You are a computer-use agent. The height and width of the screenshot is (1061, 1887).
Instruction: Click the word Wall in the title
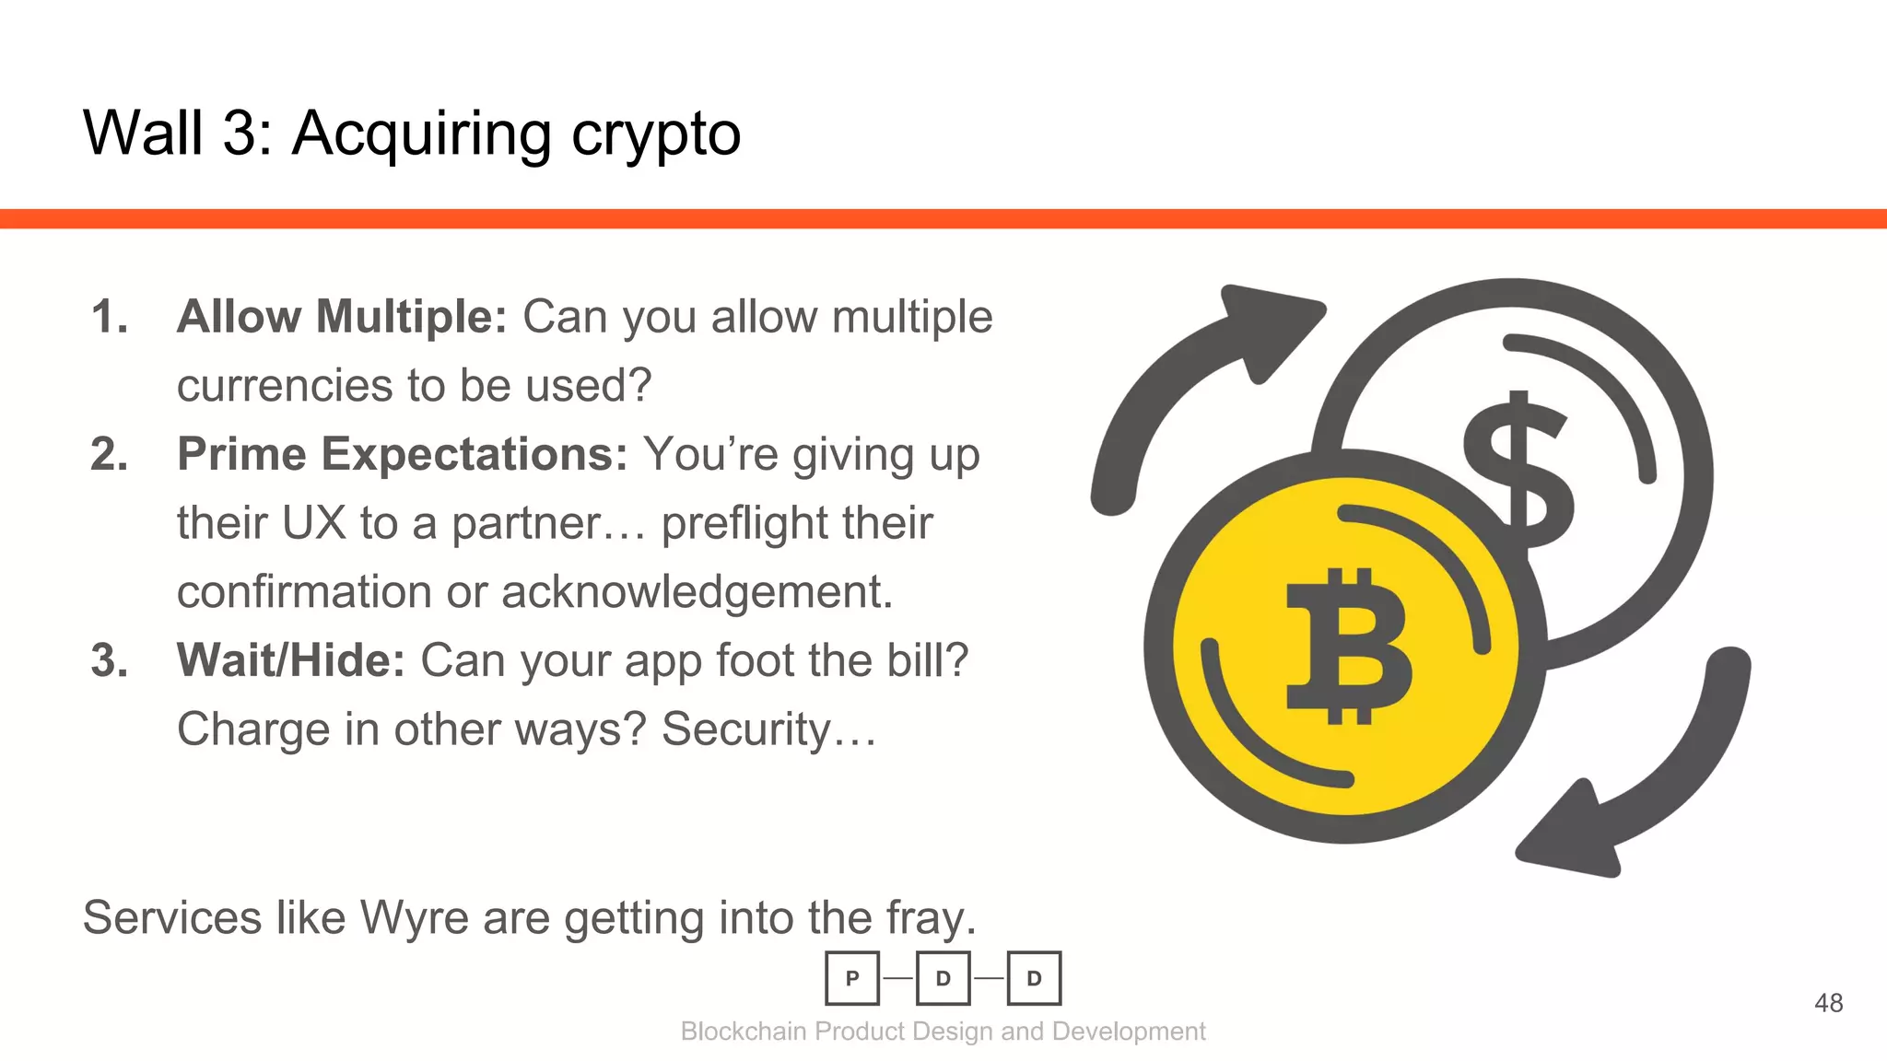tap(143, 134)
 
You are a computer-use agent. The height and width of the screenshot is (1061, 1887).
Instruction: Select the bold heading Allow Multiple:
tap(342, 317)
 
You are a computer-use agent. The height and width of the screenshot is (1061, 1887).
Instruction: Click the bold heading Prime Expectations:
tap(403, 454)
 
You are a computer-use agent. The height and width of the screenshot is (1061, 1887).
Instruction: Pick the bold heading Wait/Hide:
tap(291, 660)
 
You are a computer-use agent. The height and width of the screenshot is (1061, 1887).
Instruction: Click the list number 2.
tap(109, 454)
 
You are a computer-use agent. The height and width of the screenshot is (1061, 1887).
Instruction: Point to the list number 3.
tap(109, 660)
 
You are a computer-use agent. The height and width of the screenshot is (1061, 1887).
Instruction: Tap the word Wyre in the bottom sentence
tap(414, 918)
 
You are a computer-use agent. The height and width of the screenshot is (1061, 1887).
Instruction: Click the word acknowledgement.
tap(697, 592)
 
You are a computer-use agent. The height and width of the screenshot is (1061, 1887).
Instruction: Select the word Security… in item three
tap(769, 729)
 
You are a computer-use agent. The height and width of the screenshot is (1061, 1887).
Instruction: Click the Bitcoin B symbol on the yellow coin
tap(1347, 646)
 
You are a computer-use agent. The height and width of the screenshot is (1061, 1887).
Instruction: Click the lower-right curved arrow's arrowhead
tap(1572, 834)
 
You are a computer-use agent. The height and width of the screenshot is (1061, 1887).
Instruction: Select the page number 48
tap(1828, 1003)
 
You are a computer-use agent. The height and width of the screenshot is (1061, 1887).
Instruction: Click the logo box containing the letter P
tap(852, 978)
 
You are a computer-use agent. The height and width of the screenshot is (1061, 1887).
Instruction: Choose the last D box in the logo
tap(1034, 978)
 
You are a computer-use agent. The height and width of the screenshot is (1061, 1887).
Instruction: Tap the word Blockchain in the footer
tap(744, 1032)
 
